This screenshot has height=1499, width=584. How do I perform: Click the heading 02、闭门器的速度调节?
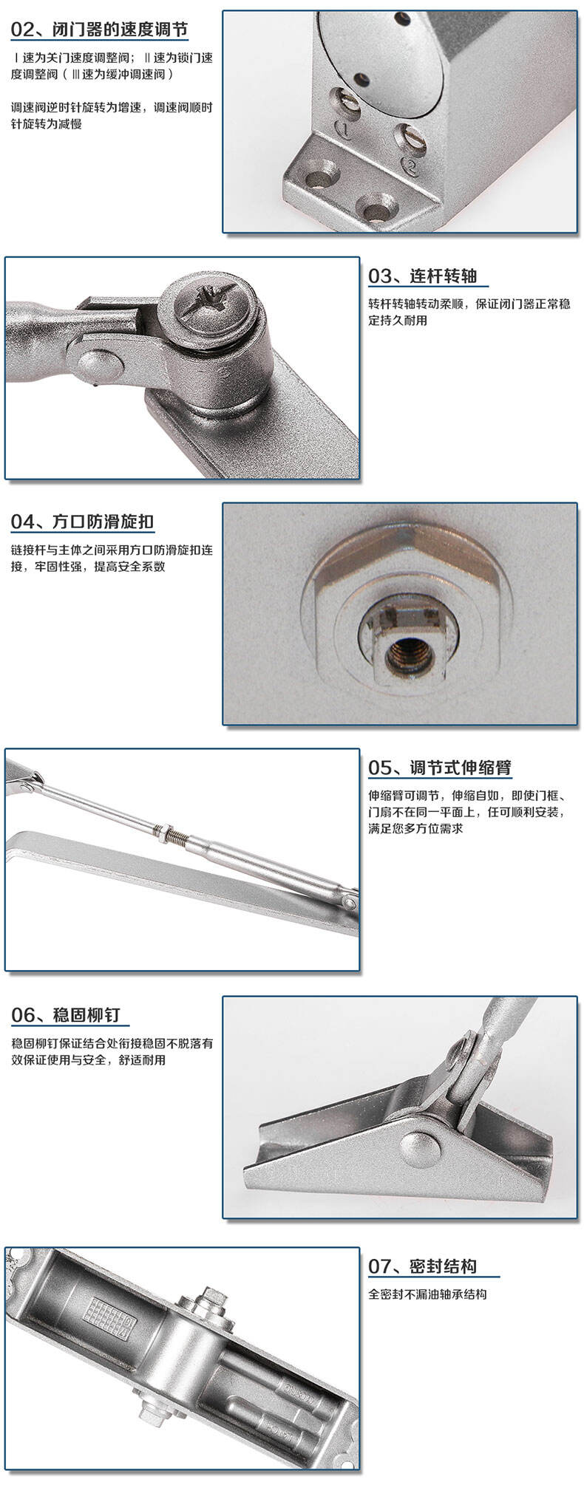point(100,30)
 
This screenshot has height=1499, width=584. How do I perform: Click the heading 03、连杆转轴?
point(423,276)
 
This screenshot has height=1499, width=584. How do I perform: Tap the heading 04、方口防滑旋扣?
point(82,522)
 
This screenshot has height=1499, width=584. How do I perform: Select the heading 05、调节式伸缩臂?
point(440,768)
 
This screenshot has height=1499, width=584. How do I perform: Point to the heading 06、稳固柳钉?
point(65,1015)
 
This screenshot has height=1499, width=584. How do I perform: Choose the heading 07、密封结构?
point(423,1266)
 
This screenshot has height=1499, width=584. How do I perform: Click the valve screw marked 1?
point(347,100)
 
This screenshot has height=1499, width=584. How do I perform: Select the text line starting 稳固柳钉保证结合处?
point(112,1043)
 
